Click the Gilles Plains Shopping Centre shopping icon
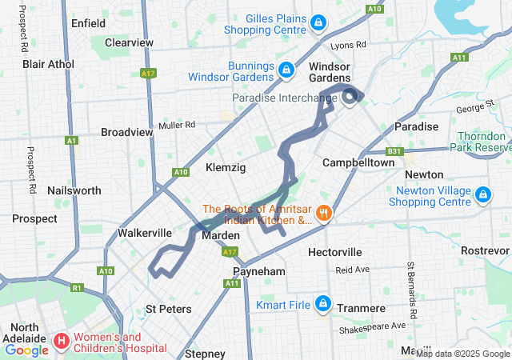coord(318,22)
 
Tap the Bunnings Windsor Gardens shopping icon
coord(285,71)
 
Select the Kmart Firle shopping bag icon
coord(323,303)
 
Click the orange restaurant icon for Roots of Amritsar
coord(323,213)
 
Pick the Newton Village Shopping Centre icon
coord(482,195)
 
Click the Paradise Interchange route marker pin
coord(350,98)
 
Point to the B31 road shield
coord(393,150)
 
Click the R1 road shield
coord(77,287)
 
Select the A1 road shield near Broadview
coord(72,140)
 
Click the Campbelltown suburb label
coord(358,162)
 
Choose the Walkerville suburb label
coord(145,233)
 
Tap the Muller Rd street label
coord(177,125)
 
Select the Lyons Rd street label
coord(349,46)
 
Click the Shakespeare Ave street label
coord(373,326)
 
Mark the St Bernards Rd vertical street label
coord(411,287)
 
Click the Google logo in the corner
coord(26,350)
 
